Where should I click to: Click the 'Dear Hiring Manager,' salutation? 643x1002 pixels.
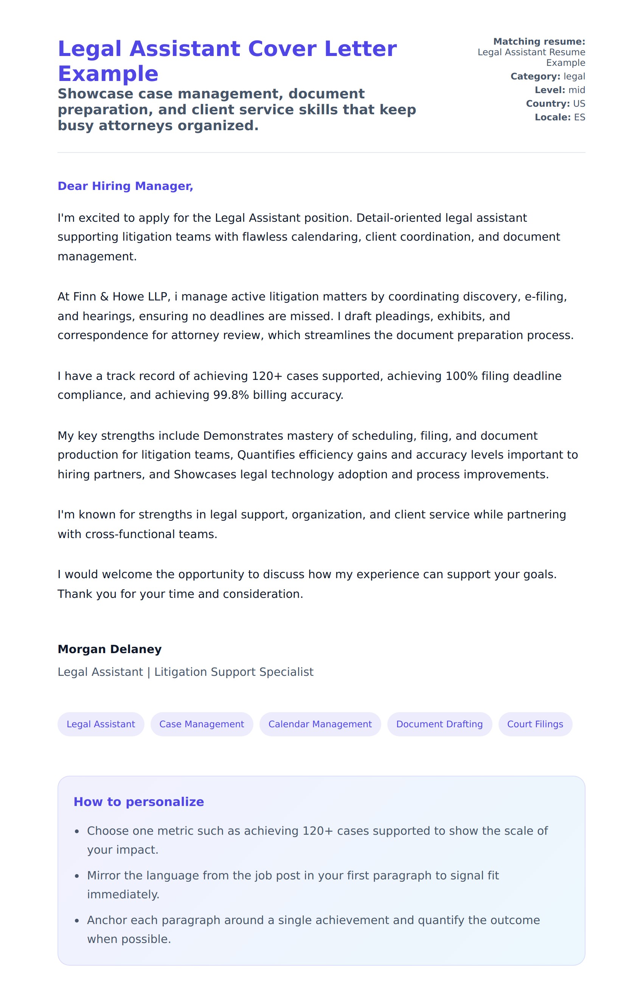pyautogui.click(x=125, y=186)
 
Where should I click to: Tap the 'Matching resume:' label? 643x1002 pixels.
pyautogui.click(x=539, y=42)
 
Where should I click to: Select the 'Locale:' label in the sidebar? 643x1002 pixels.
pyautogui.click(x=552, y=117)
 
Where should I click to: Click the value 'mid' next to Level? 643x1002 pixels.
pyautogui.click(x=576, y=90)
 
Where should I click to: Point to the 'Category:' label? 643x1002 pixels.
pyautogui.click(x=535, y=76)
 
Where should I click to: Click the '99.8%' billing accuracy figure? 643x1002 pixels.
pyautogui.click(x=231, y=395)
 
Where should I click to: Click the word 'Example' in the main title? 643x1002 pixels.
pyautogui.click(x=108, y=74)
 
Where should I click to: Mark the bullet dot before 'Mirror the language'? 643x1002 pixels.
pyautogui.click(x=77, y=876)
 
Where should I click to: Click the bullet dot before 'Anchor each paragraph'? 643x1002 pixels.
pyautogui.click(x=77, y=921)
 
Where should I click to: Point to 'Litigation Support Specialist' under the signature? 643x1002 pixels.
pyautogui.click(x=234, y=672)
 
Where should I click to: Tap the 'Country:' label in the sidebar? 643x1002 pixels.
pyautogui.click(x=548, y=104)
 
